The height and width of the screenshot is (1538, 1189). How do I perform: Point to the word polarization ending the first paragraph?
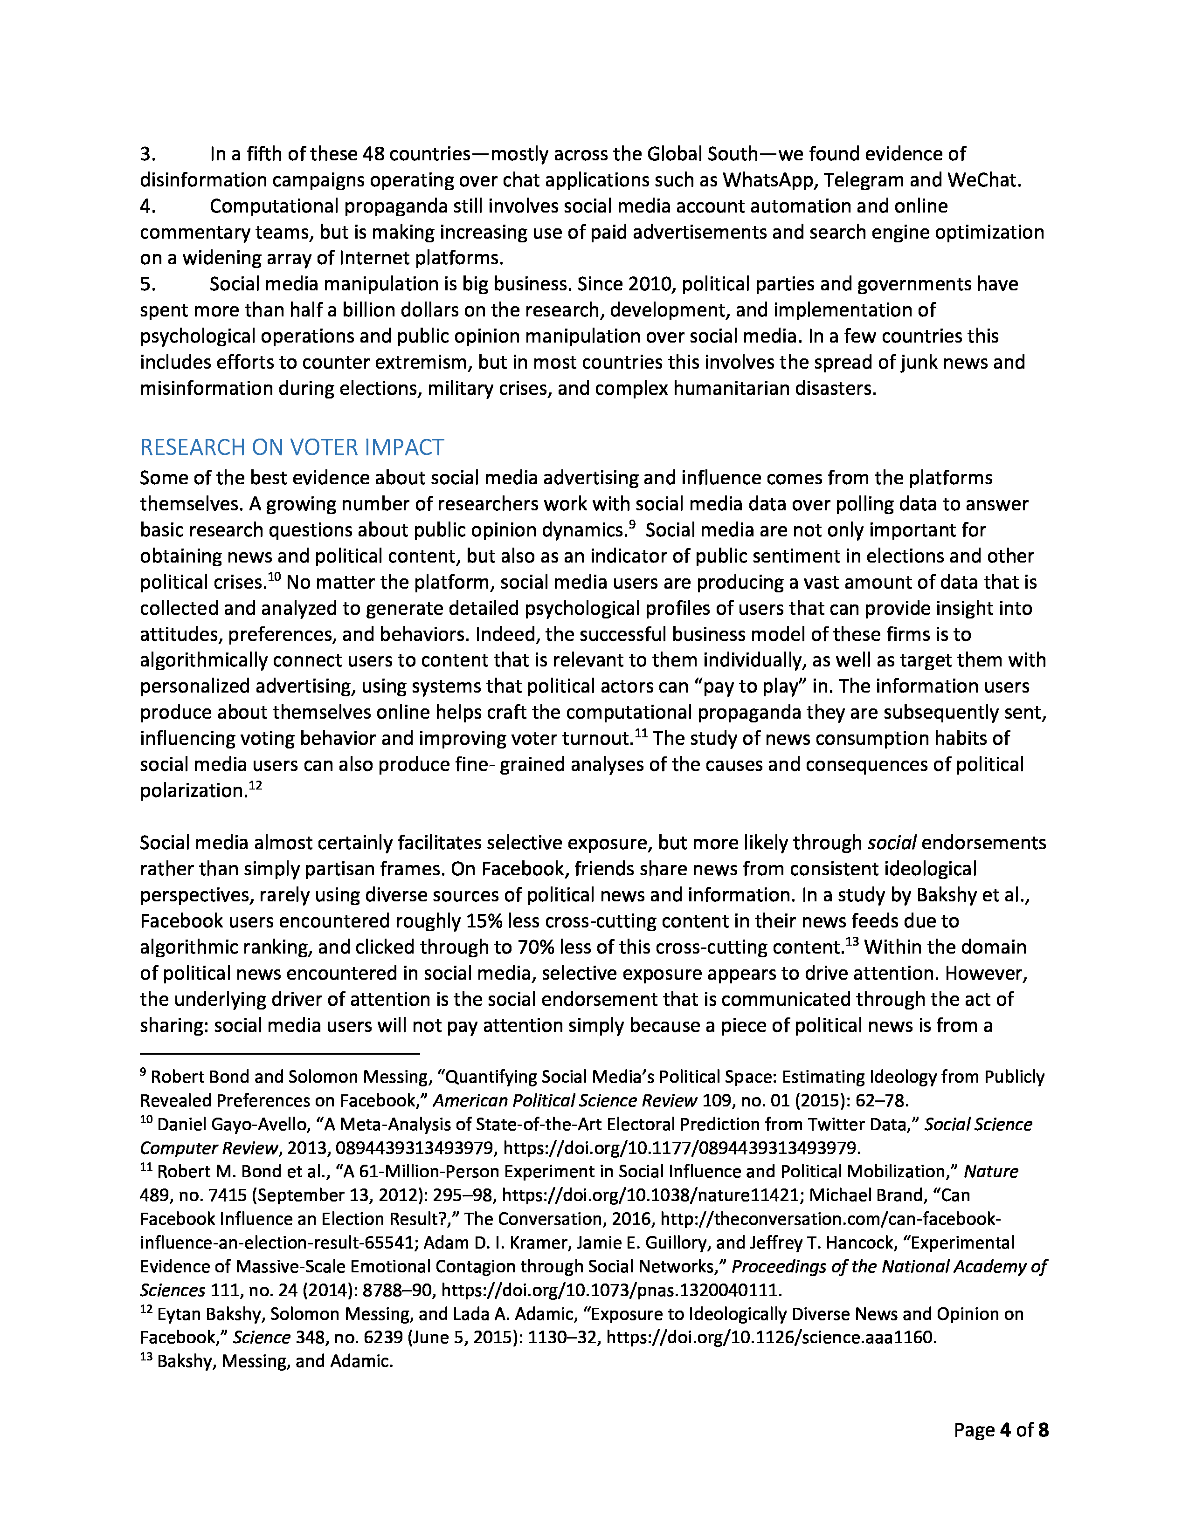tap(192, 791)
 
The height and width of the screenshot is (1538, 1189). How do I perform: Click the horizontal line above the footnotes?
tap(280, 1053)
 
